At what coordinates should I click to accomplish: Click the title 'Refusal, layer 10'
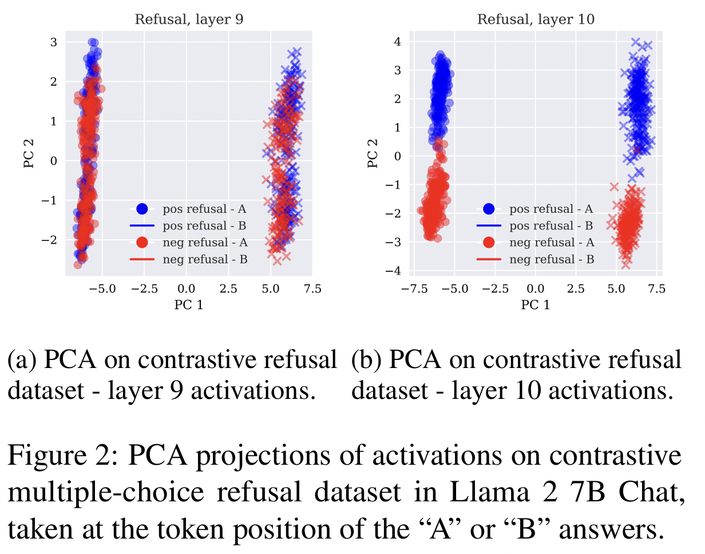click(536, 19)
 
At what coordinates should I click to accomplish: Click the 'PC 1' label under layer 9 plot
click(188, 305)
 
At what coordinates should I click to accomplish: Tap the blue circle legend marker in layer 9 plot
click(142, 209)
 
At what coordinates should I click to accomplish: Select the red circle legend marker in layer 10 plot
click(489, 243)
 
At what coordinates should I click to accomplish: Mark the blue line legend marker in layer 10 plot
click(489, 226)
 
